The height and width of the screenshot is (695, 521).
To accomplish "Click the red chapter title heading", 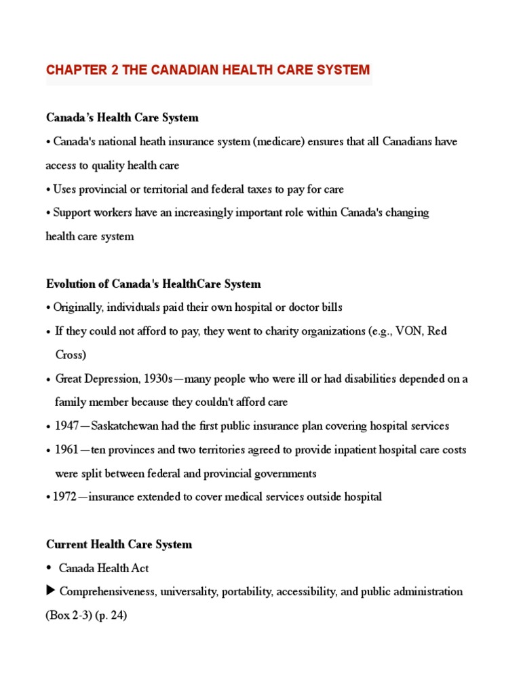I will pos(208,70).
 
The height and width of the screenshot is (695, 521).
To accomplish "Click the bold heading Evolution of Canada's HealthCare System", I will pos(153,284).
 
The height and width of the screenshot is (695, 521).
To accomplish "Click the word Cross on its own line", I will pos(71,355).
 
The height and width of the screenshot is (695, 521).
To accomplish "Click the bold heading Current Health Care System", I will pos(119,544).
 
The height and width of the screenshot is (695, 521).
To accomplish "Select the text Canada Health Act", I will pos(104,568).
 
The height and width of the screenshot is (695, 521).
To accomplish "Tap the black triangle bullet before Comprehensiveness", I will pos(50,591).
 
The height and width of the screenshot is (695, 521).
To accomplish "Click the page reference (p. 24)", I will pos(119,615).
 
